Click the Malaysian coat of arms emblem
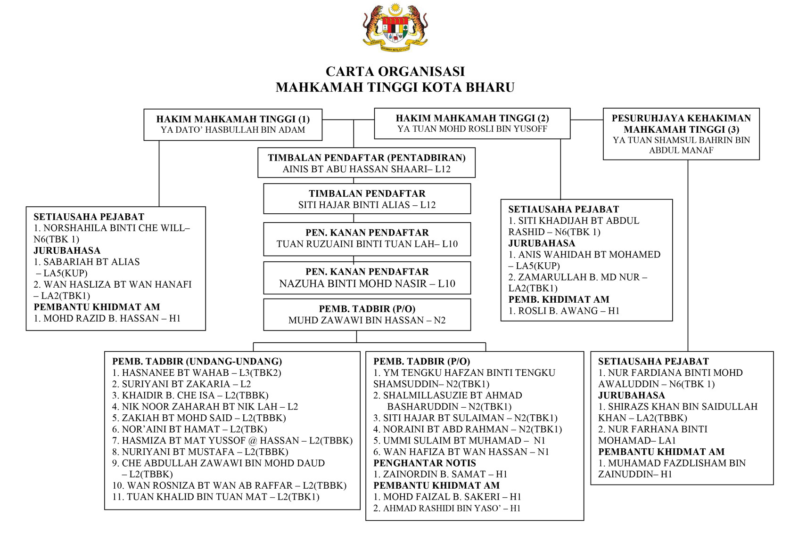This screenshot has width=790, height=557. pyautogui.click(x=395, y=27)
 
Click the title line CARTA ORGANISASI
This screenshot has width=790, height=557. pyautogui.click(x=395, y=72)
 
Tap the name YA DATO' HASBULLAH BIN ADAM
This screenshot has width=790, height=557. pyautogui.click(x=233, y=130)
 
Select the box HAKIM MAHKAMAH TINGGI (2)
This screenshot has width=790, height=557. pyautogui.click(x=472, y=123)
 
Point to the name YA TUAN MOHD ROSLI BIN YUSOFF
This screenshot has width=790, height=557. pyautogui.click(x=472, y=129)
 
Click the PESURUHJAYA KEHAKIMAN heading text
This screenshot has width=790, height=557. pyautogui.click(x=681, y=118)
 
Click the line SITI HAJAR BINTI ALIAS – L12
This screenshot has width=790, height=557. pyautogui.click(x=367, y=205)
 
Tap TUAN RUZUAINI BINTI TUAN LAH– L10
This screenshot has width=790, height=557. pyautogui.click(x=367, y=244)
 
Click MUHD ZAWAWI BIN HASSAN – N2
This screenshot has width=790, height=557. pyautogui.click(x=367, y=320)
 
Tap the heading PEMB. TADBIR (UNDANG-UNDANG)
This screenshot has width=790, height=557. pyautogui.click(x=197, y=362)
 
